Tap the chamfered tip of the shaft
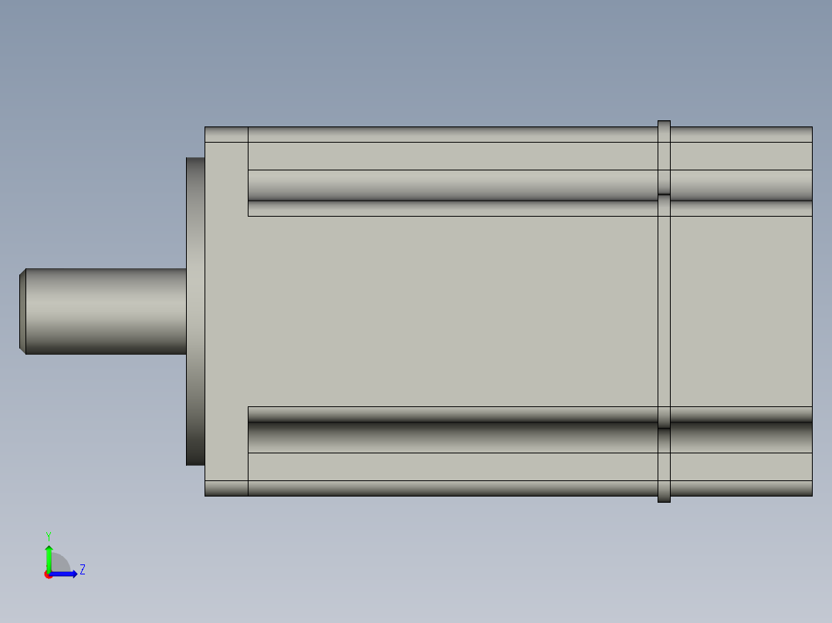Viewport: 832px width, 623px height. pos(22,311)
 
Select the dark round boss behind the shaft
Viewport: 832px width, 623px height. pos(195,311)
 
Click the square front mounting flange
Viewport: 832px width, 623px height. pos(226,311)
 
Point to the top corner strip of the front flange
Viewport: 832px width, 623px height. pos(226,135)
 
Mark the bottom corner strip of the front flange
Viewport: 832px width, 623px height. pos(226,488)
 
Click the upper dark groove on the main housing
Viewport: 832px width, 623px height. pos(452,186)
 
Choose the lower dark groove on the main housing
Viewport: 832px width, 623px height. pos(452,436)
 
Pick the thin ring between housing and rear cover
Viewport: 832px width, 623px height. pos(664,311)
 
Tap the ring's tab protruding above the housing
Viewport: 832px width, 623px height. pos(664,123)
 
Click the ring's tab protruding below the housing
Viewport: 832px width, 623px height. pos(664,499)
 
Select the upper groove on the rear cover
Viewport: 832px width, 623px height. pos(741,186)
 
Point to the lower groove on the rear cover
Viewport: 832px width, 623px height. pos(741,436)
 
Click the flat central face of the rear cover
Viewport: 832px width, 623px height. pos(741,311)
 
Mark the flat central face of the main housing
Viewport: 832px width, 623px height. pos(452,311)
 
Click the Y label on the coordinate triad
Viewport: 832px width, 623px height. pos(48,535)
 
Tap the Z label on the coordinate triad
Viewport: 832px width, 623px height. pos(82,570)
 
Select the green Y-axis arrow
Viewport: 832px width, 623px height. pos(49,557)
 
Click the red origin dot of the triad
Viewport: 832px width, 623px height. pos(48,575)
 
